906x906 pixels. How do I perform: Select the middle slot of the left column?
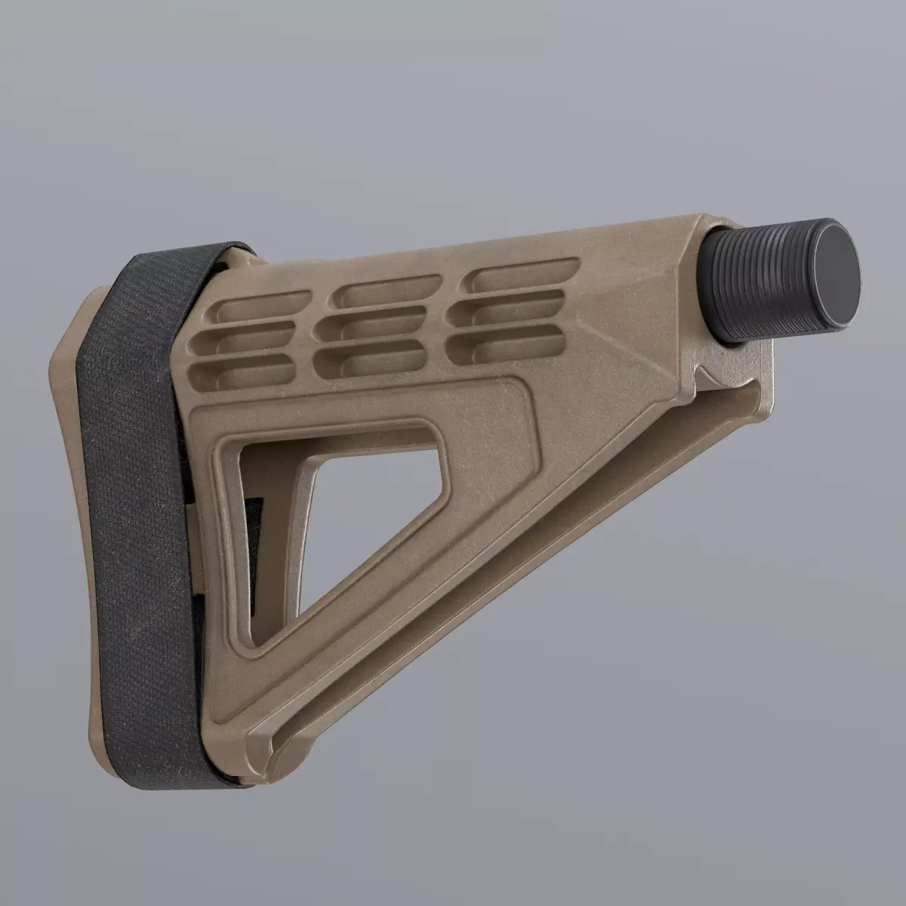(249, 339)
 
